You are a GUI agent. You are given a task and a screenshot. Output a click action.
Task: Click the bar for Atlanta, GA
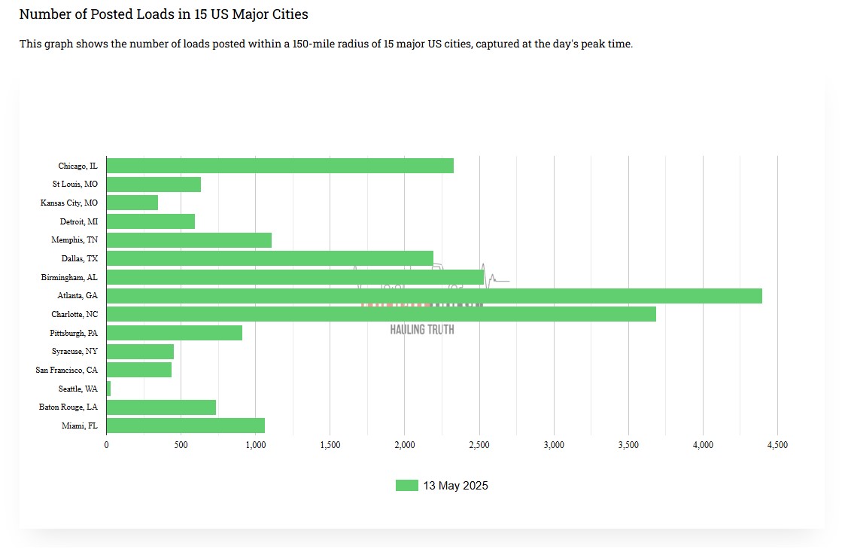(434, 296)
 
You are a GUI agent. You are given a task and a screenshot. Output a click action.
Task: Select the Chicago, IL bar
(280, 166)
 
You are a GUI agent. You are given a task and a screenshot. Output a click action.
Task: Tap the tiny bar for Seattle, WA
(108, 389)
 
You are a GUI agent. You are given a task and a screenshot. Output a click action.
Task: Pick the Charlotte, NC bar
(381, 314)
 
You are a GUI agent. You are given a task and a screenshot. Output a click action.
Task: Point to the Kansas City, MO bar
(132, 203)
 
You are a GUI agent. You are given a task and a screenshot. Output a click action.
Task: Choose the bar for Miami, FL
(185, 425)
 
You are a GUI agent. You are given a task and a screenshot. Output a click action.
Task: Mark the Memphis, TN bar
(189, 240)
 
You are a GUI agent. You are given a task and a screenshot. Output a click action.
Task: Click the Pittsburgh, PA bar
(174, 333)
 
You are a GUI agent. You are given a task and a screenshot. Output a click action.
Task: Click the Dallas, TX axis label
(80, 259)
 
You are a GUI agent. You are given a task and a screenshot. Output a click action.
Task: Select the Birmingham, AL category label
(69, 277)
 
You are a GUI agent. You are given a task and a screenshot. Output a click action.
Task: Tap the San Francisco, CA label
(67, 370)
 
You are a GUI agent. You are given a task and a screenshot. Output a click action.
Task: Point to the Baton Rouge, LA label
(68, 407)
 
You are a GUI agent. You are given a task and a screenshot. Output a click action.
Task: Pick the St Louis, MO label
(75, 185)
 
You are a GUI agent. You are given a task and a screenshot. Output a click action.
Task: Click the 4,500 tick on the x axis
(777, 445)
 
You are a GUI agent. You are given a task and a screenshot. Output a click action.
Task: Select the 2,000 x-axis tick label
(404, 445)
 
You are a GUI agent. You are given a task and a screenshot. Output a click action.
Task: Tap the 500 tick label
(181, 445)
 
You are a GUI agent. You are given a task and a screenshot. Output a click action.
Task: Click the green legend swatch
(406, 486)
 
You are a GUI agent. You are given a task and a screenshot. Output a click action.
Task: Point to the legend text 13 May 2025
(455, 486)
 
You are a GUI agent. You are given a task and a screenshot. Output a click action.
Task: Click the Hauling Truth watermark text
(422, 330)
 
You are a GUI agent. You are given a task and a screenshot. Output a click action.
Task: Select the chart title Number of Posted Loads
(163, 14)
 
